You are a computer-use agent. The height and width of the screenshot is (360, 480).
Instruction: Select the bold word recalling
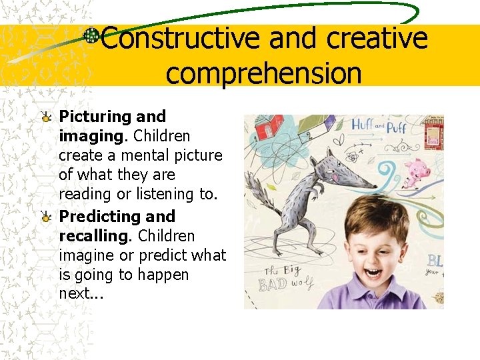tap(95, 236)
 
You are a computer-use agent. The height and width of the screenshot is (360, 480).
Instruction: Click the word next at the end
tap(75, 294)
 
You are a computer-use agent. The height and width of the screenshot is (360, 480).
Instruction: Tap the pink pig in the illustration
tap(417, 172)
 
